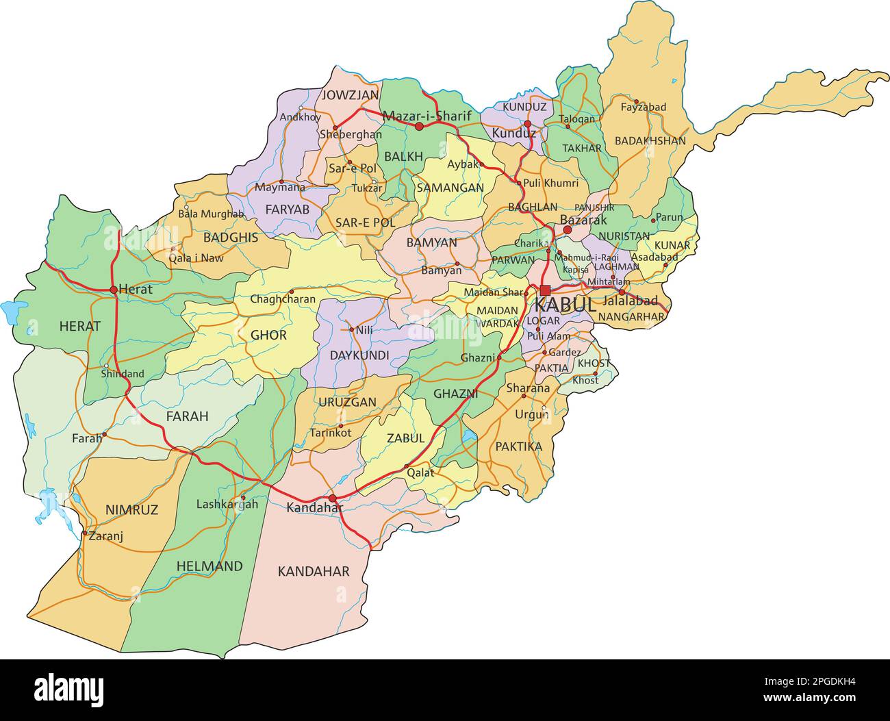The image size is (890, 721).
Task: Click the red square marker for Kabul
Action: coord(545,290)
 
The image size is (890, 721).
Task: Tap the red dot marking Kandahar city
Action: coord(333,498)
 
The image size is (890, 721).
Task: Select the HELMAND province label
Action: coord(209,566)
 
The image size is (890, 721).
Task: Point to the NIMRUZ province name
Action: coord(131,509)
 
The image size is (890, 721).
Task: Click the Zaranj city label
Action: coord(105,537)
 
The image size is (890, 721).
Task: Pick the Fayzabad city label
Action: coord(643,107)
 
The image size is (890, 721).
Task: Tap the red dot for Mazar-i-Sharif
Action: coord(419,127)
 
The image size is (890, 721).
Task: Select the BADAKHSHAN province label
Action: coord(650,140)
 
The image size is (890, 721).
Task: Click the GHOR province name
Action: coord(268,336)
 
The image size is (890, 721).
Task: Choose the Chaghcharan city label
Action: coord(283,299)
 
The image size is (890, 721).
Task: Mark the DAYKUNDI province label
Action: coord(359,355)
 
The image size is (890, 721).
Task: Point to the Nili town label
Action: coord(364,329)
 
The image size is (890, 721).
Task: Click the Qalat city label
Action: coord(420,472)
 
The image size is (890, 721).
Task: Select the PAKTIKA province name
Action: coord(518,446)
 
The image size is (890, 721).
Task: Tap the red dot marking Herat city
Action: coord(114,290)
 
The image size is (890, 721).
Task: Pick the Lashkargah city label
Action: coord(227,505)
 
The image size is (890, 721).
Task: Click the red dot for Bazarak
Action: coord(568,230)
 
